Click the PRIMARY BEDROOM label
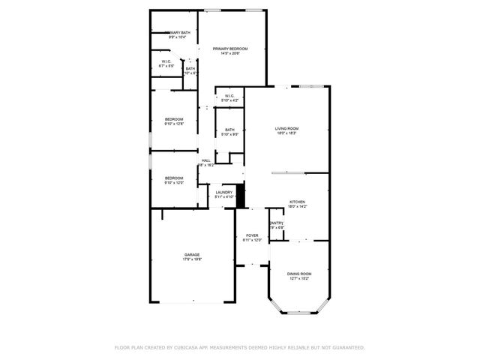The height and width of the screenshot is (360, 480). tap(229, 49)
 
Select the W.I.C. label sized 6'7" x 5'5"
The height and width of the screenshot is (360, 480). tap(167, 61)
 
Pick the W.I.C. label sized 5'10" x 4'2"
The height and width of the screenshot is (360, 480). tap(229, 95)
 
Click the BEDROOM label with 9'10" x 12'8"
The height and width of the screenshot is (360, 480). tap(174, 119)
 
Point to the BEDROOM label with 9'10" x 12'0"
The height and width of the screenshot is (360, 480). tap(174, 178)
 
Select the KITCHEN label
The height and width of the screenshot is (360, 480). tap(298, 202)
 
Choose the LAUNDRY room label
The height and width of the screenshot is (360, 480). tap(223, 193)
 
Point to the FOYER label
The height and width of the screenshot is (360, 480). tap(252, 235)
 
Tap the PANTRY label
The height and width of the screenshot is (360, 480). tap(276, 223)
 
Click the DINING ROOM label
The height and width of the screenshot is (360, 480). tap(298, 273)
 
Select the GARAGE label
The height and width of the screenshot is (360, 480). tap(192, 254)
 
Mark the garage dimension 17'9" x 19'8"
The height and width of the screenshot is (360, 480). tap(192, 259)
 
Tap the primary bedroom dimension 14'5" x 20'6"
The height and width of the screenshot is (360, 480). tap(229, 53)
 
